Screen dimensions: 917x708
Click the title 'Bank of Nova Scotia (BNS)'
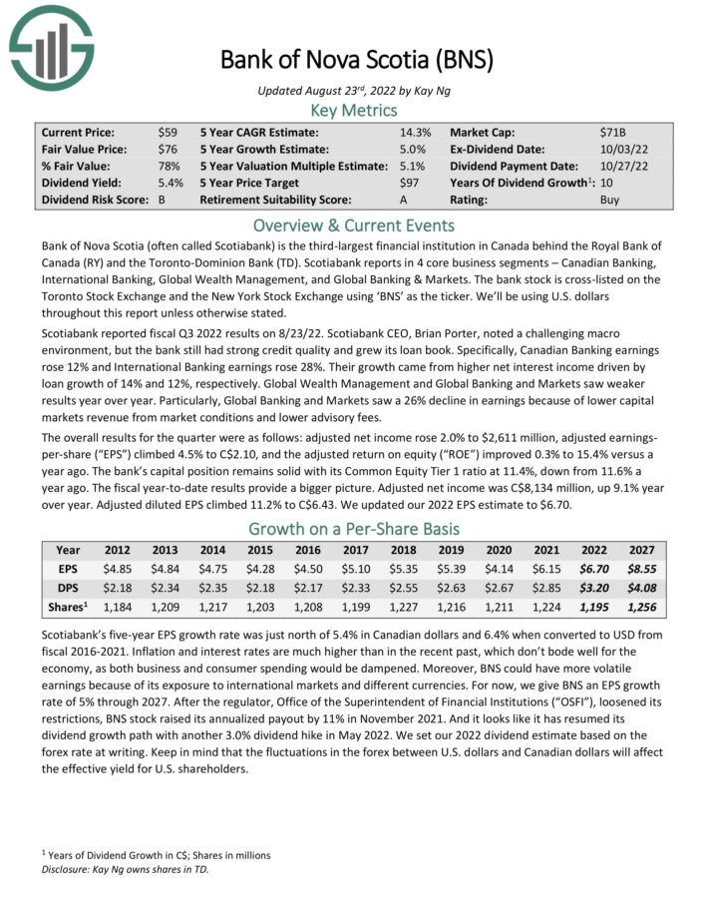(356, 59)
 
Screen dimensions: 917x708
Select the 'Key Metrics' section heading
(354, 111)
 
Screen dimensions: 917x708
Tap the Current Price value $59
(168, 132)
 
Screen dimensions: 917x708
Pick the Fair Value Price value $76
(168, 149)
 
